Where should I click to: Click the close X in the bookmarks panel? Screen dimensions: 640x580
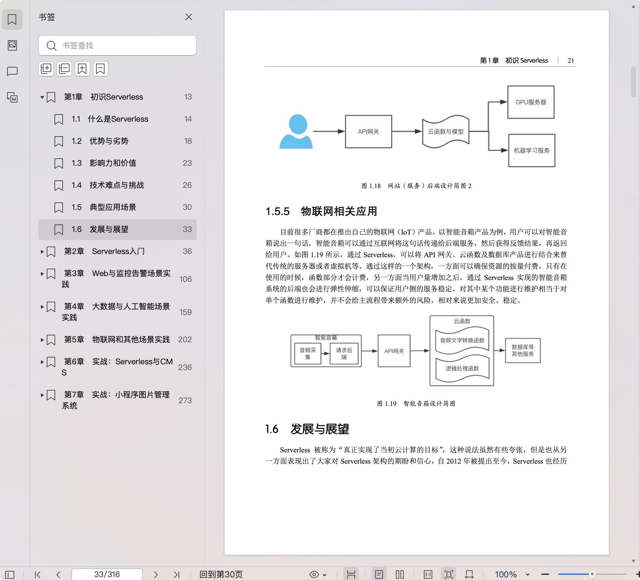189,17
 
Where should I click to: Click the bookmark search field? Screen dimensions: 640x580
117,45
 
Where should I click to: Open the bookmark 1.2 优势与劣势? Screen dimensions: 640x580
109,141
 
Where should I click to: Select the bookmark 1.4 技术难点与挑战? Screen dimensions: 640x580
117,185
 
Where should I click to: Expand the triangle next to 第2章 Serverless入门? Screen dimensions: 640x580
42,251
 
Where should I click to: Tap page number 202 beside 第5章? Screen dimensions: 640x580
185,339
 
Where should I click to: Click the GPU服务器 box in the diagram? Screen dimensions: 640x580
531,102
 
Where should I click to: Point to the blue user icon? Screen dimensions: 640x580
296,131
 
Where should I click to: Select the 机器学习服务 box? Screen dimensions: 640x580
532,151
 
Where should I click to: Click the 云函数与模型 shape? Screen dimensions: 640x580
446,131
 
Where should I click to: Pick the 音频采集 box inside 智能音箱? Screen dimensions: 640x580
308,354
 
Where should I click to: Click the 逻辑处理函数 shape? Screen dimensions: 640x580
462,369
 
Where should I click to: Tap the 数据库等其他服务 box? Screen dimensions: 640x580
523,350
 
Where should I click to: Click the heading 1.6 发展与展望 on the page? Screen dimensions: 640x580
307,429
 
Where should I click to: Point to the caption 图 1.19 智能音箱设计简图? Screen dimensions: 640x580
416,404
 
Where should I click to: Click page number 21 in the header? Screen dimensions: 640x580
571,61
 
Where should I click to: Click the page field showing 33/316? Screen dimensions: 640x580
107,574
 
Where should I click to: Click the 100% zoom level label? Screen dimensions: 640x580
506,574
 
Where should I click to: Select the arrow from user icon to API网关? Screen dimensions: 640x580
329,131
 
